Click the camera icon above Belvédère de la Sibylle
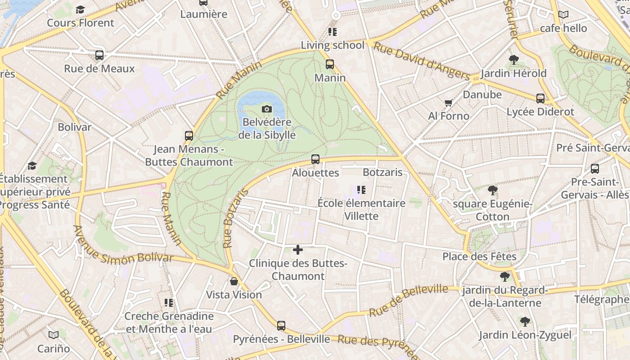(x=267, y=109)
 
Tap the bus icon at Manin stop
(x=330, y=64)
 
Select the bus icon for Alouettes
(x=315, y=159)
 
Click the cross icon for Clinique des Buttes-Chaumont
(x=298, y=250)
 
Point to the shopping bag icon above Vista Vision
(x=234, y=282)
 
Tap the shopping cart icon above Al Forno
(x=448, y=103)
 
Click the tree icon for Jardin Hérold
(x=513, y=60)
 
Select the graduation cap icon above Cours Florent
(x=81, y=9)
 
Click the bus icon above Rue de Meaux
(x=99, y=55)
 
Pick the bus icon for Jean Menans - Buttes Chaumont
(x=189, y=136)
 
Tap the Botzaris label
(x=382, y=172)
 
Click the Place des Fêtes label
(x=479, y=256)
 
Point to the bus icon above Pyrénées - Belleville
(x=281, y=326)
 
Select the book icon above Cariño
(x=54, y=335)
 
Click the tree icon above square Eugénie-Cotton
(x=493, y=190)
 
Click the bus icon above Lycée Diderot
(x=540, y=99)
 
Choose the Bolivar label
(x=74, y=127)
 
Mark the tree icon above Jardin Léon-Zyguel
(x=525, y=322)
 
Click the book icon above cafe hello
(x=563, y=15)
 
